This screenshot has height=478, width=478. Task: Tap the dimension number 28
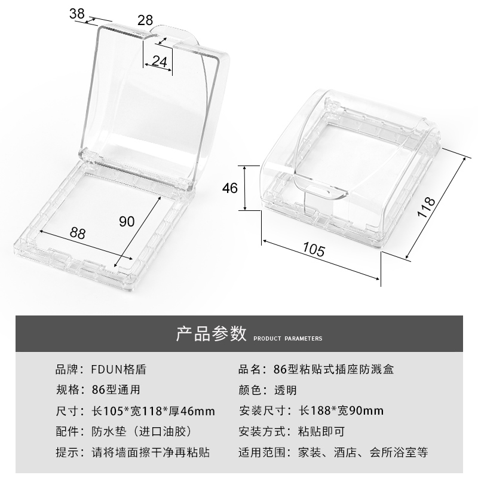pos(145,20)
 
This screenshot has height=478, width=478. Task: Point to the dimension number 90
pos(127,222)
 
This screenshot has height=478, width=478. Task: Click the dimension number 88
pos(77,233)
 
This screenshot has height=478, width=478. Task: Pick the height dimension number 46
pos(230,188)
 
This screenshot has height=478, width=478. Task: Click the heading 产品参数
pos(211,334)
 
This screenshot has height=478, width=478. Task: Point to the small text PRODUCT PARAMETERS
pos(288,339)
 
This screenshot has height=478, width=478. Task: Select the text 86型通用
pos(116,390)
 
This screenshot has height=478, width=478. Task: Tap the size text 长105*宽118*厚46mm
pos(153,411)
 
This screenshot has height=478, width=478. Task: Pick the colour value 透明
pos(285,390)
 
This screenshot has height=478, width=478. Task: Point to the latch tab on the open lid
pos(174,32)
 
